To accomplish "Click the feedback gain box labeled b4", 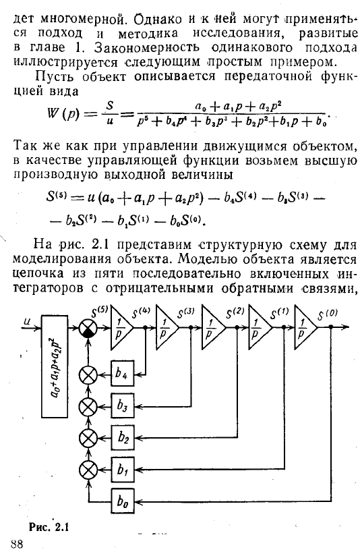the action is coord(123,373).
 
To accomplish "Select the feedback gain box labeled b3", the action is coord(123,406).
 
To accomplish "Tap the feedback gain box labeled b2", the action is coord(123,437).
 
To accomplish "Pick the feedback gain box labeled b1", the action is coord(123,470).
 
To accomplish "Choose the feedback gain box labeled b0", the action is coord(123,501).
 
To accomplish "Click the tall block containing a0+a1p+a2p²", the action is coord(55,366).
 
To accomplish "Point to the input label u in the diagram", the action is coord(27,321).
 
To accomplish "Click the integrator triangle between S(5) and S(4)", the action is coord(121,327).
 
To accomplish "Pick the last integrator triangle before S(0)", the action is coord(305,327).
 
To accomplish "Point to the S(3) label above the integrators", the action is coord(185,313).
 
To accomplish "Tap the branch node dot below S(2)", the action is coord(237,327).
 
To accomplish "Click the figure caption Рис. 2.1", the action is coord(49,527).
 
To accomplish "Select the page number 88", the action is coord(17,545).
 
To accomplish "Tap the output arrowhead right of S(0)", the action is coord(344,327).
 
